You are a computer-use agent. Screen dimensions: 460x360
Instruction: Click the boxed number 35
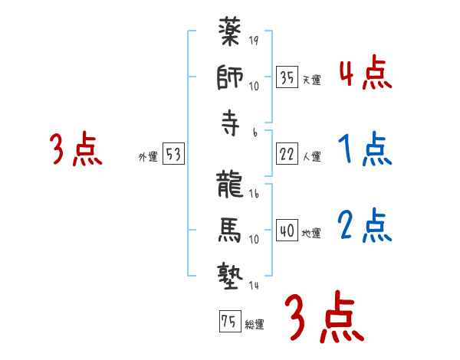click(x=287, y=77)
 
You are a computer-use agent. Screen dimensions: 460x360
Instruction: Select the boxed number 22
click(x=287, y=154)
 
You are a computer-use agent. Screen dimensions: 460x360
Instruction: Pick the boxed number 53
click(x=173, y=155)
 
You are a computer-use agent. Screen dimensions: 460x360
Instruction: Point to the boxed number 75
click(x=228, y=322)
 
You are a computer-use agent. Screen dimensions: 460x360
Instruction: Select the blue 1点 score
click(x=365, y=150)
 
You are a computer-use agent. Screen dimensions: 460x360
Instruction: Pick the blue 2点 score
click(x=365, y=225)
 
